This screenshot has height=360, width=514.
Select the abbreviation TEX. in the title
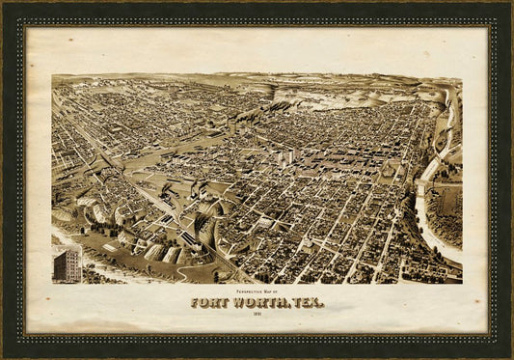[x=308, y=302]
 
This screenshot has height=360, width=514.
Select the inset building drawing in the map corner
[x=67, y=263]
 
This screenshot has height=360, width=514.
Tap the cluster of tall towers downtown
[x=286, y=156]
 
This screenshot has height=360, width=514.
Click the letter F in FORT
[x=196, y=302]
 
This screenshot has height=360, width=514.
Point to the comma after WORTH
[x=289, y=306]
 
